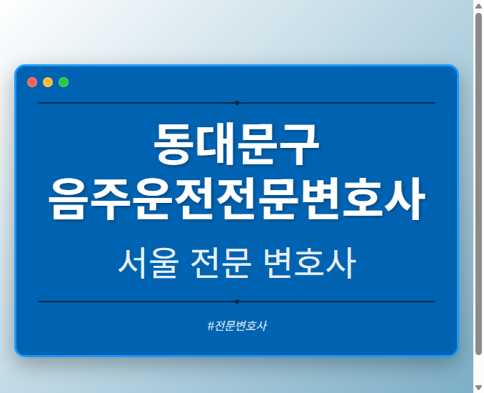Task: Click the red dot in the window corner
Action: pos(32,82)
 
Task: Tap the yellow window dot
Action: pos(48,82)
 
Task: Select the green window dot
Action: pos(64,82)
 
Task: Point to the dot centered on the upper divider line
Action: pos(236,103)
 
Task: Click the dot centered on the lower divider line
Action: pos(236,302)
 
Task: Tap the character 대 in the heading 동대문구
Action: pos(216,145)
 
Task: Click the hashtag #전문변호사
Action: pos(236,326)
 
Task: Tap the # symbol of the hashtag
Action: pos(211,326)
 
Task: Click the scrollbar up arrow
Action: pos(478,6)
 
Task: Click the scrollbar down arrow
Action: pos(478,387)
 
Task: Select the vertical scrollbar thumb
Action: pos(478,182)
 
